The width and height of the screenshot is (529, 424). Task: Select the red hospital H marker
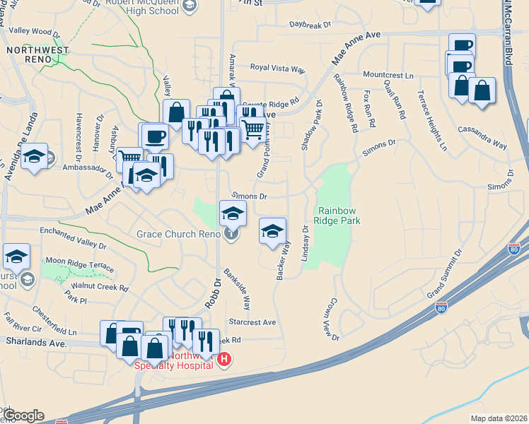coord(224,360)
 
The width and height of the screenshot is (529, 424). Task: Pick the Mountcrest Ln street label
coord(388,74)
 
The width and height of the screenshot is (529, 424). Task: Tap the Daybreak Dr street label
coord(310,25)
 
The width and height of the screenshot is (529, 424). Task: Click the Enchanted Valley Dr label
coord(73,238)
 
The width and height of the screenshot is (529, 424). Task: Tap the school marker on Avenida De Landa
coord(34,158)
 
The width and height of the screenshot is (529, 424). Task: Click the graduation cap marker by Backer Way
coord(272,231)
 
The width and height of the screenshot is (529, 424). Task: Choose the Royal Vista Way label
coord(277,69)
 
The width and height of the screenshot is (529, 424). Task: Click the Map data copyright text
coord(499,418)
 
